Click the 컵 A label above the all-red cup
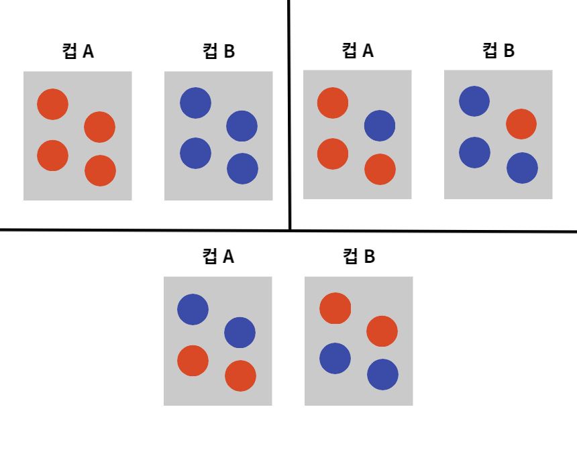pos(78,52)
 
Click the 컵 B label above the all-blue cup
pos(219,52)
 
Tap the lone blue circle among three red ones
pos(380,125)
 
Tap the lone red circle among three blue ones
pos(521,124)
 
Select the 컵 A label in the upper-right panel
pos(358,51)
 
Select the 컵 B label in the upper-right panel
pos(499,51)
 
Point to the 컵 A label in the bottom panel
pos(218,257)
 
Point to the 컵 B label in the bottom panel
pos(359,257)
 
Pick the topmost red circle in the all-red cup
pos(52,104)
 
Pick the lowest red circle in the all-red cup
pos(100,171)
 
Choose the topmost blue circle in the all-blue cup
pos(195,103)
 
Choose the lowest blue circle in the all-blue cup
pos(242,168)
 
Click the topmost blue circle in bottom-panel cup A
pos(193,309)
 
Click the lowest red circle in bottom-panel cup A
pos(240,376)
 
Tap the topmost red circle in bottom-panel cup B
pos(335,308)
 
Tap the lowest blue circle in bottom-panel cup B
pos(382,375)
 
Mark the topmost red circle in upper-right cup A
pos(333,103)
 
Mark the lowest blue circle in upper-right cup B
pos(522,168)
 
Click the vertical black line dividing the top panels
pos(289,114)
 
